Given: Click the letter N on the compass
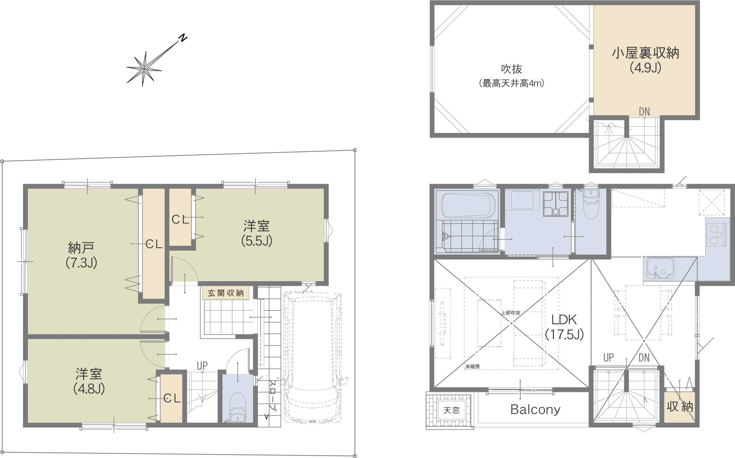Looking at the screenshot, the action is click(183, 38).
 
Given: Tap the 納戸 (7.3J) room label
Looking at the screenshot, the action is click(81, 255).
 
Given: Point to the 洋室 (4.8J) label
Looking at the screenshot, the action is click(89, 381).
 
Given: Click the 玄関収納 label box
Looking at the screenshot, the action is click(226, 293).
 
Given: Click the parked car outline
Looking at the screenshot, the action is click(313, 357).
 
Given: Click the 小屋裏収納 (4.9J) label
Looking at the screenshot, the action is click(646, 60).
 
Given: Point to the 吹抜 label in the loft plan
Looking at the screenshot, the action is click(512, 69).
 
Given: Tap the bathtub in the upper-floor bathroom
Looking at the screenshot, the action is click(469, 206).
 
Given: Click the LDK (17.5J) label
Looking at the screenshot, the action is click(564, 327).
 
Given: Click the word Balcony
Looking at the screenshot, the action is click(535, 409).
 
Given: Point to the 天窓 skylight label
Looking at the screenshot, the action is click(451, 410).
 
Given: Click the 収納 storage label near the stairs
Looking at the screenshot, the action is click(680, 406).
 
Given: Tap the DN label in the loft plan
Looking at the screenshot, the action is click(644, 112).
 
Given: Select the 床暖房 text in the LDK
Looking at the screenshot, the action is click(472, 367).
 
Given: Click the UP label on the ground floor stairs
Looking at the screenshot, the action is click(202, 366).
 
